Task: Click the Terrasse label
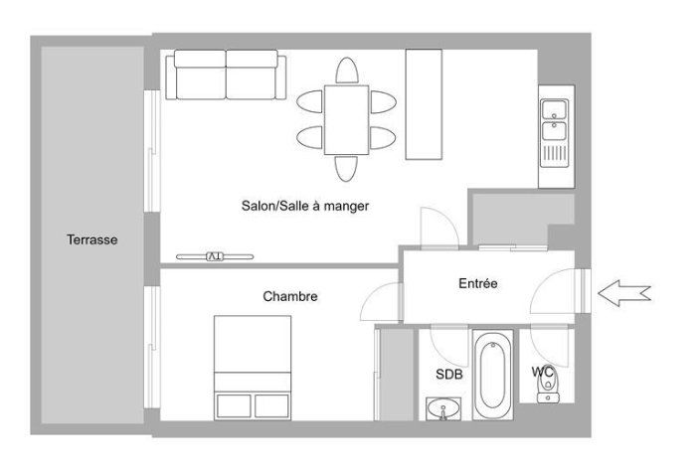[92, 239]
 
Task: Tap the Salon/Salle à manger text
[305, 206]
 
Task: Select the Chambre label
[290, 296]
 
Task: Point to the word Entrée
[478, 283]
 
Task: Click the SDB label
[449, 374]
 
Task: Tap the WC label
[543, 372]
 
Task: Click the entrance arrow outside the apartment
[624, 294]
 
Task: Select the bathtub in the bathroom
[493, 375]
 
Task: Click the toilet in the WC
[548, 388]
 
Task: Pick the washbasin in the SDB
[443, 408]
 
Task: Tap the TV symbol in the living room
[215, 256]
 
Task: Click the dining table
[346, 120]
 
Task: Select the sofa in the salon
[226, 75]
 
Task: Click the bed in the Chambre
[253, 368]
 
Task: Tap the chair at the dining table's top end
[347, 71]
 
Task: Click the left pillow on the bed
[234, 405]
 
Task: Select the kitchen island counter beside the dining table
[424, 104]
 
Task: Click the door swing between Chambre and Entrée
[380, 303]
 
